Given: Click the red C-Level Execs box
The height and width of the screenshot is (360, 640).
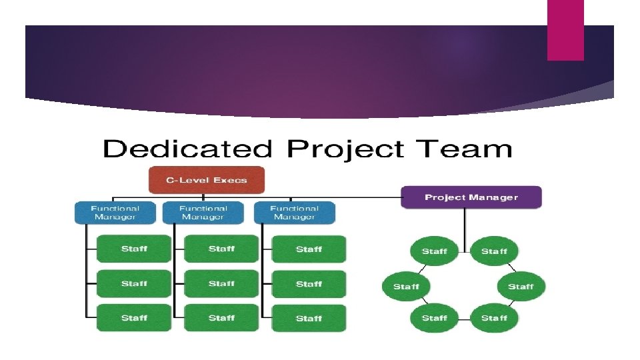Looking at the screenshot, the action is (x=206, y=180).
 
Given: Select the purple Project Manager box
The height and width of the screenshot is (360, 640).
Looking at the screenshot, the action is (x=471, y=197).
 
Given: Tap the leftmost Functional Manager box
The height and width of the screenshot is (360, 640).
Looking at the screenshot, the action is (x=115, y=213).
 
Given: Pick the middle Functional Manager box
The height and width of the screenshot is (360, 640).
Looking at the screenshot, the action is (x=203, y=213).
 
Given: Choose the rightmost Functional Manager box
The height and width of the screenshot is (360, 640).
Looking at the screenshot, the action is (x=294, y=213).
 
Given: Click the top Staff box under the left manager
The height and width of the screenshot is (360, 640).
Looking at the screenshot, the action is (x=134, y=249).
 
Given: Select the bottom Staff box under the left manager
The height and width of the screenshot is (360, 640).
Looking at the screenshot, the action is (x=134, y=318).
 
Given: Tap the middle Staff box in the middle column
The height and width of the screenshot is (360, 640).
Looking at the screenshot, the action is (x=221, y=283).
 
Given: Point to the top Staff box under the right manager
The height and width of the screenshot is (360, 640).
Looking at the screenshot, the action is (x=309, y=249).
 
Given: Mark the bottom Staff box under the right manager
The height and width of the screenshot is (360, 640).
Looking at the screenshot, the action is (x=309, y=318).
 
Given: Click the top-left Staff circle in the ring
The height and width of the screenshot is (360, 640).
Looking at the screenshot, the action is (x=434, y=251).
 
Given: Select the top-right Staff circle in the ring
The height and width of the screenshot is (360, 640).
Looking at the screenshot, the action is (x=494, y=251).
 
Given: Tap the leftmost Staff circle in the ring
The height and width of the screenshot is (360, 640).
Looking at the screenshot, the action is (x=406, y=287).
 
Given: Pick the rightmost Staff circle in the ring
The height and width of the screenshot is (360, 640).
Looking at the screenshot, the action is (x=521, y=287).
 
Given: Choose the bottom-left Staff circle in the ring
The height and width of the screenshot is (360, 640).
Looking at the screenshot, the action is (x=434, y=318).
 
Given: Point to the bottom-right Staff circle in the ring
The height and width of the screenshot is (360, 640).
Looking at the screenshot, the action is (x=494, y=318).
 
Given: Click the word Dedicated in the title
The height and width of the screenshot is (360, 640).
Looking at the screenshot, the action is (x=188, y=149).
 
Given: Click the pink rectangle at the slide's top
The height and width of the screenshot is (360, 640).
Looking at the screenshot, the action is (x=565, y=30).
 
